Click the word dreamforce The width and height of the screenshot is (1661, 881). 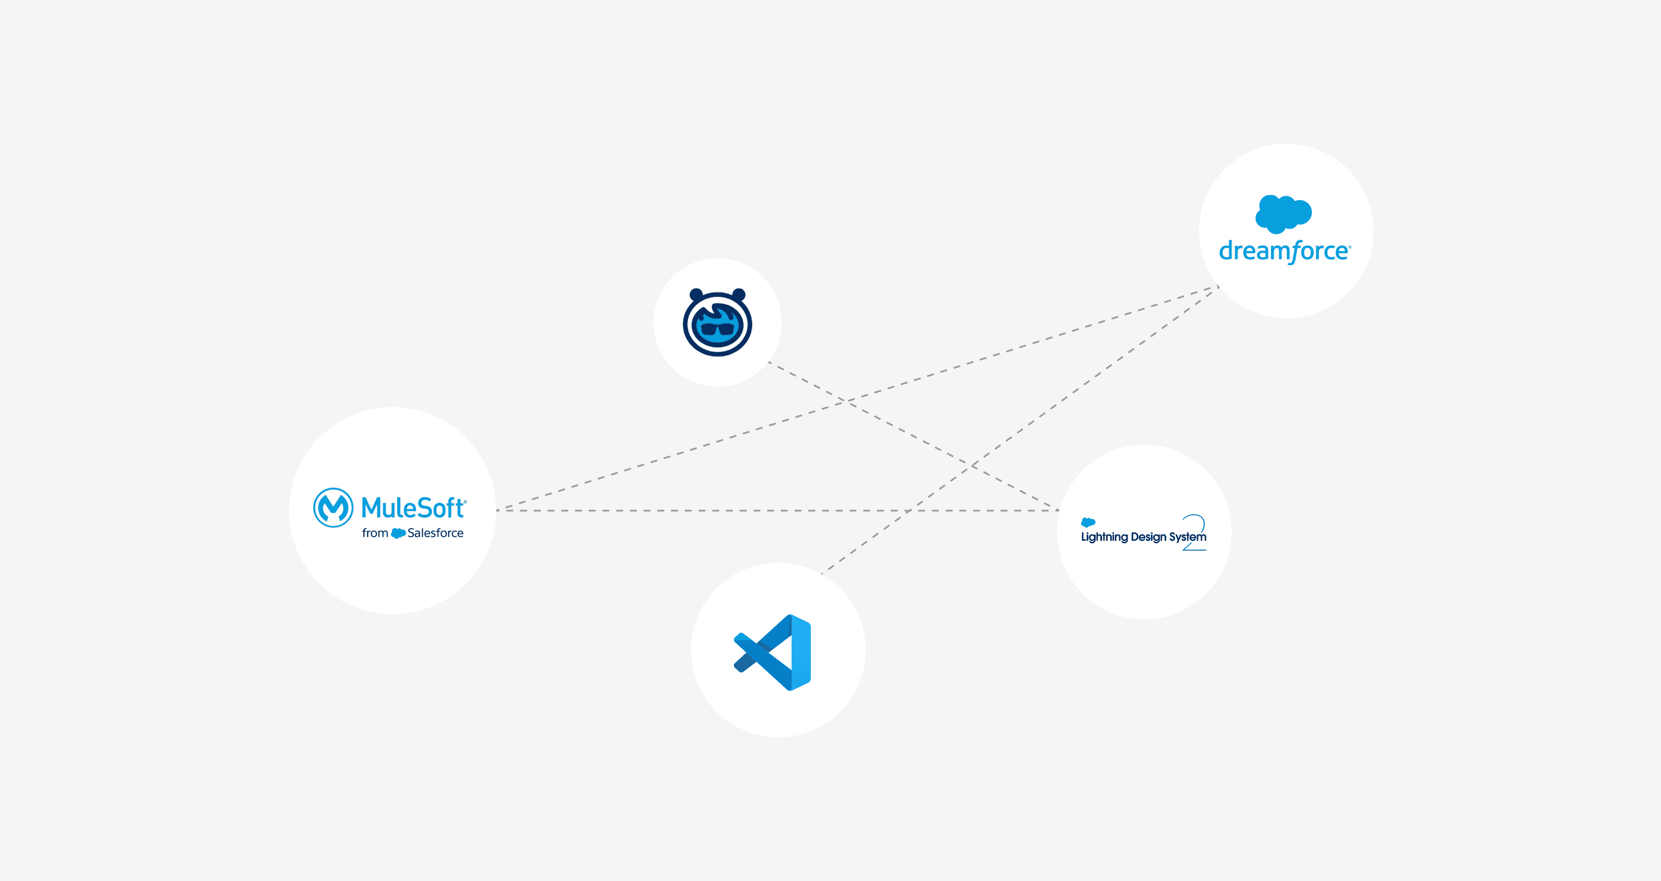coord(1283,251)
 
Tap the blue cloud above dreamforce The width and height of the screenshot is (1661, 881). coord(1283,213)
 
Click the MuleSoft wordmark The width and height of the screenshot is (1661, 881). coord(413,508)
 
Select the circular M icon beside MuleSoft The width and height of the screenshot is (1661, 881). coord(333,508)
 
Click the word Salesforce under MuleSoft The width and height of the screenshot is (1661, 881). coord(435,533)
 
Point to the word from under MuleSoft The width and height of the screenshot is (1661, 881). coord(375,533)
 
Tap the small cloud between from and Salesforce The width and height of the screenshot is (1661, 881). coord(398,533)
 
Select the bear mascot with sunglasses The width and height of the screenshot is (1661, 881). coord(717,322)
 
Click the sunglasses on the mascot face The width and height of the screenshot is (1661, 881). coord(717,330)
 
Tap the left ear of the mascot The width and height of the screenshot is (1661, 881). coord(696,295)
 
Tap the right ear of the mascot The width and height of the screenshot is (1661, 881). coord(739,295)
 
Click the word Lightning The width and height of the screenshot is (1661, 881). coord(1104,537)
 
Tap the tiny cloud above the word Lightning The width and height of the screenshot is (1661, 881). coord(1088,522)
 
